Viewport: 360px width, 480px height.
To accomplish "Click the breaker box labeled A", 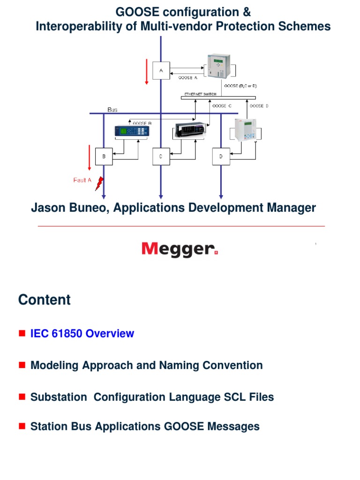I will point(161,70).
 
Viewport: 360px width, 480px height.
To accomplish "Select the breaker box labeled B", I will point(104,156).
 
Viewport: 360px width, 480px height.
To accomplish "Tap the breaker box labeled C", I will point(161,156).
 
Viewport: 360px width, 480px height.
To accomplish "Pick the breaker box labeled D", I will point(221,156).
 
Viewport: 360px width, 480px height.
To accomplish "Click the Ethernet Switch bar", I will point(218,97).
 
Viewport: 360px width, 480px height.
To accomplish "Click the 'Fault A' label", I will point(82,180).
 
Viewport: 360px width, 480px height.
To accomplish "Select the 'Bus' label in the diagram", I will point(112,109).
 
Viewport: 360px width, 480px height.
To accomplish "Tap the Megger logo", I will point(180,249).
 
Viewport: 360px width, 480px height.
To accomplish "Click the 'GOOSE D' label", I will point(259,106).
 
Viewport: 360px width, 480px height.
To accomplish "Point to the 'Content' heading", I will point(45,300).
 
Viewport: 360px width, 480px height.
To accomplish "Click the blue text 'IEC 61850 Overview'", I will point(82,334).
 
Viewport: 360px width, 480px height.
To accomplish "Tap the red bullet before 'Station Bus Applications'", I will point(22,426).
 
